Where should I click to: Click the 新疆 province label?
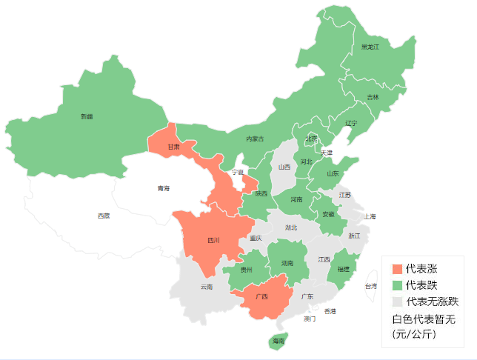coord(87,116)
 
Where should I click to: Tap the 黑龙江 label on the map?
coord(370,47)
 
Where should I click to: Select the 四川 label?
coord(213,240)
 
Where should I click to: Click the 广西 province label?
coord(261,296)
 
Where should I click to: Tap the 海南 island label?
coord(278,341)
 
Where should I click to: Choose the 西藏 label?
coord(103,216)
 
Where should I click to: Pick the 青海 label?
coord(163,188)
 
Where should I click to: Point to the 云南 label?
coord(206,286)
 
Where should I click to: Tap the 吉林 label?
coord(373,97)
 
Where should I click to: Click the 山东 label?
coord(333,173)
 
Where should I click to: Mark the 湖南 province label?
coord(288,262)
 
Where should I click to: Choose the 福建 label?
coord(343,269)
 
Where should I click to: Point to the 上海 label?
coord(370,216)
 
